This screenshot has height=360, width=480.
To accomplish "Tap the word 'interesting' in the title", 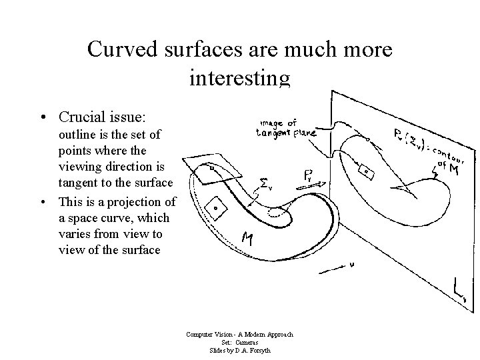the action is (240, 79).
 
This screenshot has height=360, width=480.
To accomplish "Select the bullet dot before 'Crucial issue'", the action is (43, 117).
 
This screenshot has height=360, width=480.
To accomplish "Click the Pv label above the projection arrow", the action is (311, 177).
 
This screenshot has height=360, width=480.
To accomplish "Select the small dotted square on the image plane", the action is (367, 171).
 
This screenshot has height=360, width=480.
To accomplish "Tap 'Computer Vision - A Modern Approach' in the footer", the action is (240, 335).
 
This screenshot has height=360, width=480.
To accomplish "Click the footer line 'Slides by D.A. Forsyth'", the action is (240, 350).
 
